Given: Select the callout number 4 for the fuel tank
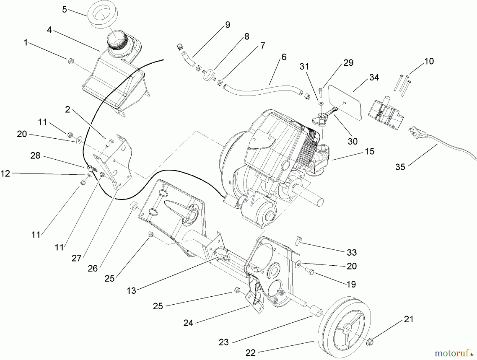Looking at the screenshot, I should coord(49,30).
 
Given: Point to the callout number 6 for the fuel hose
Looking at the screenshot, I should coord(284,57).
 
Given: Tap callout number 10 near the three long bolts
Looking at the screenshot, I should coord(429,61).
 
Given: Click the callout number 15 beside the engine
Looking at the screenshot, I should coord(369,151).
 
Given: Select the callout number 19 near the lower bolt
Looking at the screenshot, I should coord(351,284).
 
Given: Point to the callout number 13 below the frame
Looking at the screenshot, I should coord(131,291).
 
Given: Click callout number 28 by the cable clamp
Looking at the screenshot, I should coord(35,156).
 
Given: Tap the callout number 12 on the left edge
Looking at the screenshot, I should coord(5,174).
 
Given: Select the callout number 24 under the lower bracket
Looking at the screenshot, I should coord(188,323).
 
